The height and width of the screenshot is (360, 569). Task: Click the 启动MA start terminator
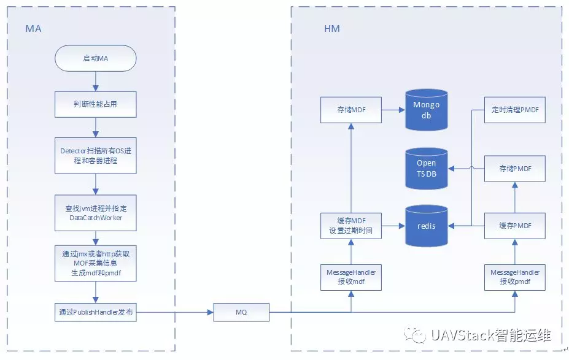(95, 58)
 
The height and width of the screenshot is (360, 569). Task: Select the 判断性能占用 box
(95, 104)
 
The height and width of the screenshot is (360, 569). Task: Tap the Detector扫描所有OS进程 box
(95, 156)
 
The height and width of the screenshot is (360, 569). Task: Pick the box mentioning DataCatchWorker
(95, 213)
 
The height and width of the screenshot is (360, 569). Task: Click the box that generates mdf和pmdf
(95, 264)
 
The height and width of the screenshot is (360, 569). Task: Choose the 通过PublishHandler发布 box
(95, 312)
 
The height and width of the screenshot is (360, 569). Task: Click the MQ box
(241, 312)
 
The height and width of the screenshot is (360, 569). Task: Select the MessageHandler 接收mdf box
(350, 277)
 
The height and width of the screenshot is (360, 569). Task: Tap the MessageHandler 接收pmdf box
(514, 277)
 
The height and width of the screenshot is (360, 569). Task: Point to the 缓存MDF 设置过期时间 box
(350, 226)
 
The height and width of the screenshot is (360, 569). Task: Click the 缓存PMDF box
(514, 226)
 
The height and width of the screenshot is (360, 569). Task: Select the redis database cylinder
(426, 226)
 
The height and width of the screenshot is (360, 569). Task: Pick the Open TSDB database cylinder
(426, 168)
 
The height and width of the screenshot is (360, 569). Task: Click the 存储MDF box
(350, 110)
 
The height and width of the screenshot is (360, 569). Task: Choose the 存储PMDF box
(514, 168)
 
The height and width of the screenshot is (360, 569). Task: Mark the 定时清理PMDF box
(514, 110)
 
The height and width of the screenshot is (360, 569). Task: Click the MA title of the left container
(33, 29)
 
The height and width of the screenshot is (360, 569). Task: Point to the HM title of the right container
(331, 29)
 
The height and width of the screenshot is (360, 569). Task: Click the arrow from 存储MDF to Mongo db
(393, 110)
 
